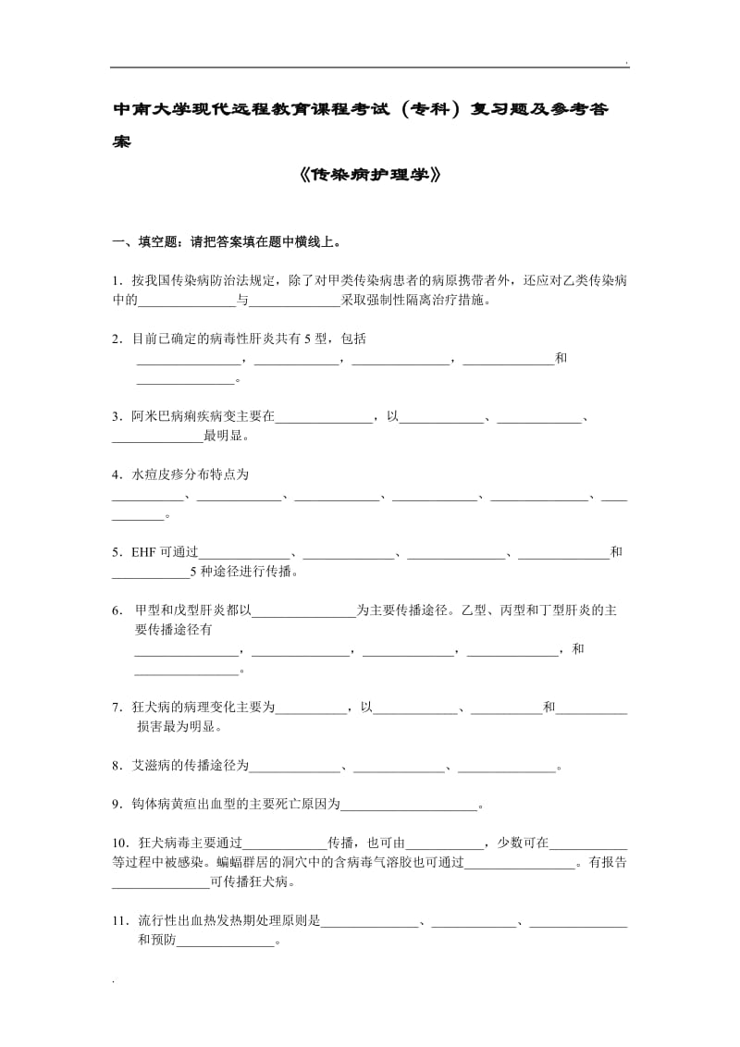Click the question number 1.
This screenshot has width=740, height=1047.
point(117,280)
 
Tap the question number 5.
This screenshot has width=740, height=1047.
point(117,552)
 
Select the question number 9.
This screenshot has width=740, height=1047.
point(117,805)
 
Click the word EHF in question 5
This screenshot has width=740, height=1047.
point(143,552)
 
